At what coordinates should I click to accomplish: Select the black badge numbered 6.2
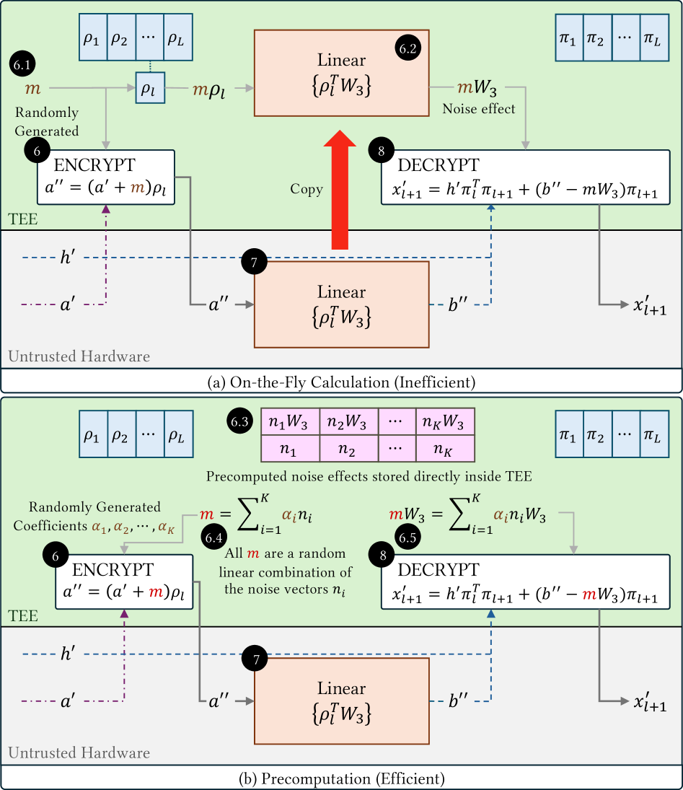(x=408, y=49)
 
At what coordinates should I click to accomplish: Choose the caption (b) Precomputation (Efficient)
(x=342, y=778)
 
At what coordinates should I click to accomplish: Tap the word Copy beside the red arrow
(x=306, y=188)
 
